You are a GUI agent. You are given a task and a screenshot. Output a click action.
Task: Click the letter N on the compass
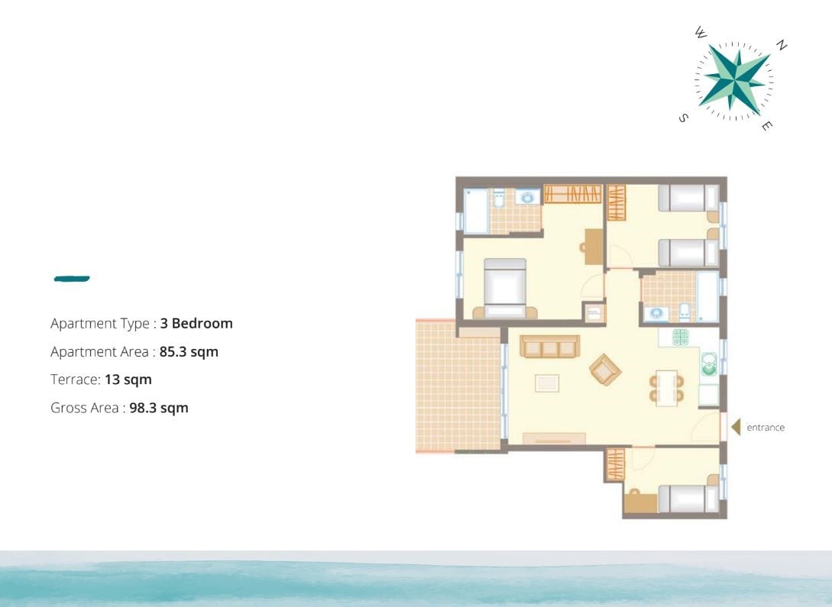(781, 45)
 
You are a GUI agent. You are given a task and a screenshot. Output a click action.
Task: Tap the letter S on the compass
(684, 118)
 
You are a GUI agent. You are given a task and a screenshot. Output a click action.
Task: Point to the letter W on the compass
(701, 33)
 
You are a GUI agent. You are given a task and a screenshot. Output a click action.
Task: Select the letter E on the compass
(767, 126)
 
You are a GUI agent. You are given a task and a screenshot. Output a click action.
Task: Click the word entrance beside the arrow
(765, 428)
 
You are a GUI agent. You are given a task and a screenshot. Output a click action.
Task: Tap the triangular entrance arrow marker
(736, 427)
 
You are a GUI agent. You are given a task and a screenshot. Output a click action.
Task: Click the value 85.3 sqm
(189, 352)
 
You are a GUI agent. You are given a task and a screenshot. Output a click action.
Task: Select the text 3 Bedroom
(196, 324)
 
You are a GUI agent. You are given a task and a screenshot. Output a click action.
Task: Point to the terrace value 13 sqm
(128, 379)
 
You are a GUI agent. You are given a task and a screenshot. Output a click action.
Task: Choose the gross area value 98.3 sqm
(159, 408)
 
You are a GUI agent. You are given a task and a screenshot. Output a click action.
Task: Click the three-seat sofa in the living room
(549, 346)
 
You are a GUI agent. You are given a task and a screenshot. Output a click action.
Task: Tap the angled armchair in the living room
(605, 370)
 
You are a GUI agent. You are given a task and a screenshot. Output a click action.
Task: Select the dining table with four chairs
(666, 388)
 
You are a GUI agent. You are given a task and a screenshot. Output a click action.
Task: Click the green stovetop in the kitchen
(680, 337)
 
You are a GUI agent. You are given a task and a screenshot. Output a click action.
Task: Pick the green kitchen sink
(709, 364)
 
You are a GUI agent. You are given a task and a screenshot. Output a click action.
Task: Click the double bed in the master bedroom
(504, 288)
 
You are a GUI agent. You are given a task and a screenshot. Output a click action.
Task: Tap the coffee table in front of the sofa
(546, 383)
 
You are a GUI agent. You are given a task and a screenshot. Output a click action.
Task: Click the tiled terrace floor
(458, 386)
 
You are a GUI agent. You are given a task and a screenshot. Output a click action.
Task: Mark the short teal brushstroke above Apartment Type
(72, 279)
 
